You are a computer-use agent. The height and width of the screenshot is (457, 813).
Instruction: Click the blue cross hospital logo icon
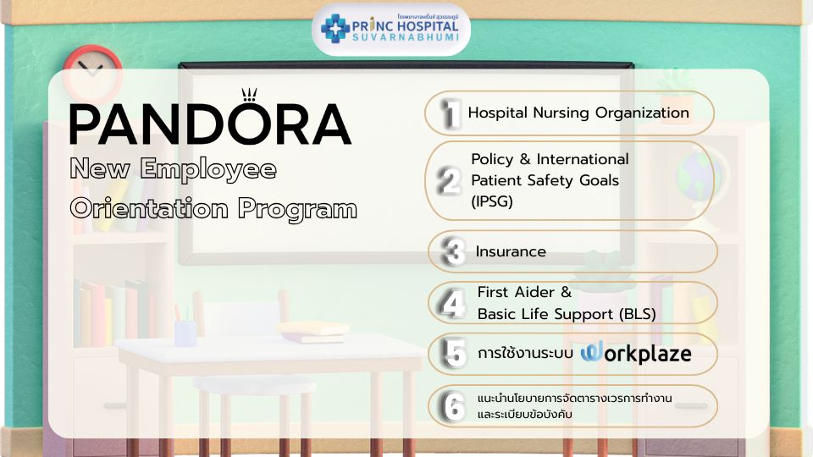335,29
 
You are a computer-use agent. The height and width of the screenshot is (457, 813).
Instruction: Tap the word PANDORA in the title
211,124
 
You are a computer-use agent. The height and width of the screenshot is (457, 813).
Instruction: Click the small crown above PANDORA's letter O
249,94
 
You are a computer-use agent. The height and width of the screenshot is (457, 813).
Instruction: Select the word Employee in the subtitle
208,170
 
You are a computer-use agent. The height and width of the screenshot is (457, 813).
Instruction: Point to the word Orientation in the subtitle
149,208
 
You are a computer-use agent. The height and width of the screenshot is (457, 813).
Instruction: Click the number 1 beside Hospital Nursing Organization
451,113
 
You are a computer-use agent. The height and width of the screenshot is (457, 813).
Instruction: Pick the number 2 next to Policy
449,181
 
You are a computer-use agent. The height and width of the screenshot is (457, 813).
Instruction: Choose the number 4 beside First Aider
452,304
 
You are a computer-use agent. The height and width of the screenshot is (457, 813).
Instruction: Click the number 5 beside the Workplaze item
456,355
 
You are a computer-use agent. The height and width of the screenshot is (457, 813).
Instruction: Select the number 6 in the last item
454,407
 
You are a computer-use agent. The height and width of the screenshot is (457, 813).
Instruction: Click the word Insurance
511,251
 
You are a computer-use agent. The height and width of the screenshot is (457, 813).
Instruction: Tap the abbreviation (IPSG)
492,201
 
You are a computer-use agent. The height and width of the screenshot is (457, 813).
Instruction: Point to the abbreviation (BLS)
637,314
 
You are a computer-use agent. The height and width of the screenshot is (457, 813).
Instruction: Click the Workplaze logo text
636,353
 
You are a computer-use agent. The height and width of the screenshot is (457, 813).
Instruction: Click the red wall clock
92,73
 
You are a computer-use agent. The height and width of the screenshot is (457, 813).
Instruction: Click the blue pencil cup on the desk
185,333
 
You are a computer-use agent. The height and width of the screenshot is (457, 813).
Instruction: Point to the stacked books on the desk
312,332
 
